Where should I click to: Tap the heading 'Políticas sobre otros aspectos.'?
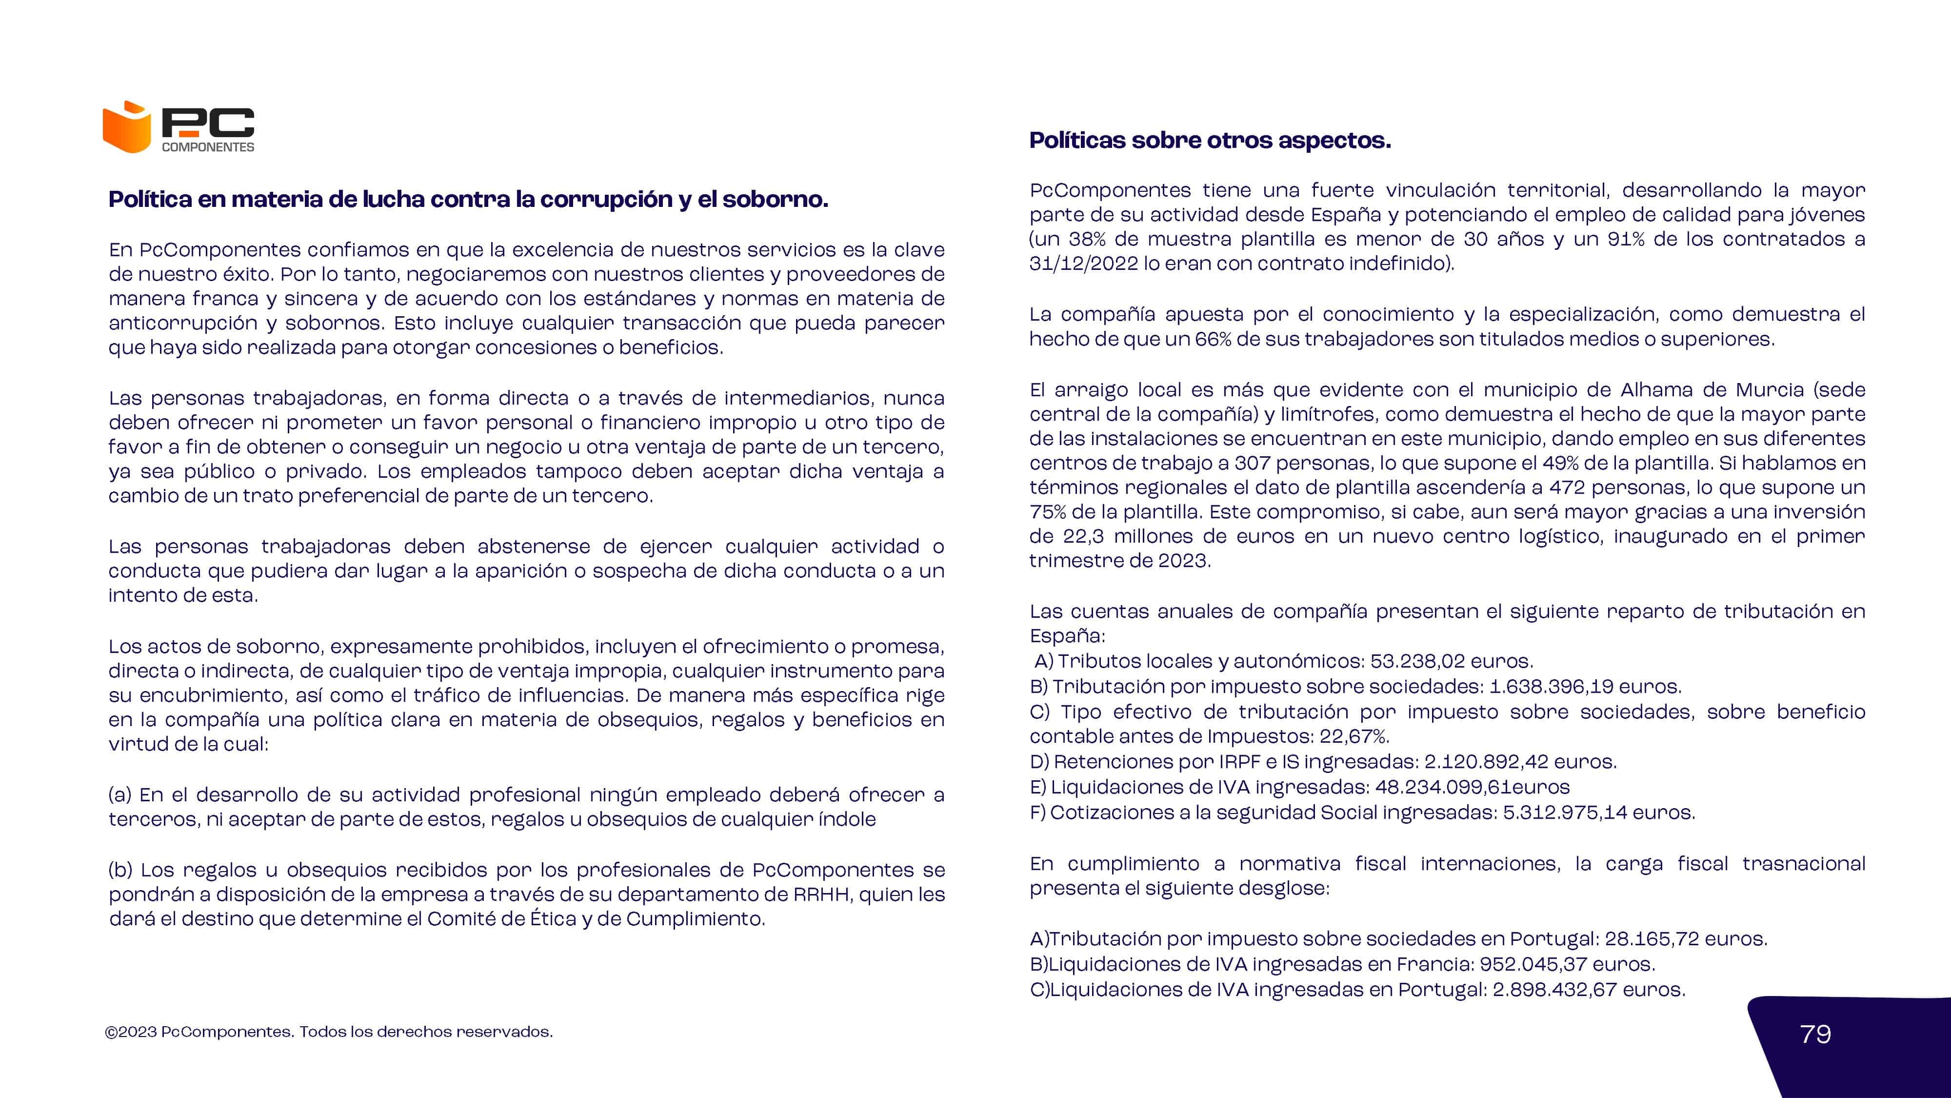coord(1210,140)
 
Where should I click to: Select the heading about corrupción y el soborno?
coord(468,199)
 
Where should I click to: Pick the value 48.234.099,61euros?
coord(1472,787)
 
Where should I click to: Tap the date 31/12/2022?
coord(1083,264)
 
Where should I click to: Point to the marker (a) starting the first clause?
coord(120,795)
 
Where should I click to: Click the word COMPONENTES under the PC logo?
coord(208,147)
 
